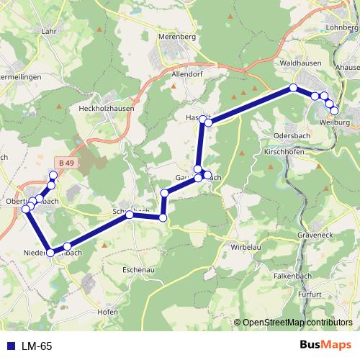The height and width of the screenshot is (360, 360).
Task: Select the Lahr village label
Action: [49, 31]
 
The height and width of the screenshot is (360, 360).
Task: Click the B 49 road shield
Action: [66, 163]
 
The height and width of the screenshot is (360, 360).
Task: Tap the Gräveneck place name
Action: [316, 235]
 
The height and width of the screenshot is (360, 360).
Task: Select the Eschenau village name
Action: [139, 269]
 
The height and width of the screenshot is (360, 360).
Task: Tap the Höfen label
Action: [107, 312]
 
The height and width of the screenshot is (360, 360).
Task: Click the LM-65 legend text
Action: [35, 346]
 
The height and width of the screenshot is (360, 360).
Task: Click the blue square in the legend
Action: [11, 346]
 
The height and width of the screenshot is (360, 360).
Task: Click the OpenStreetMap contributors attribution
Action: [298, 323]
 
